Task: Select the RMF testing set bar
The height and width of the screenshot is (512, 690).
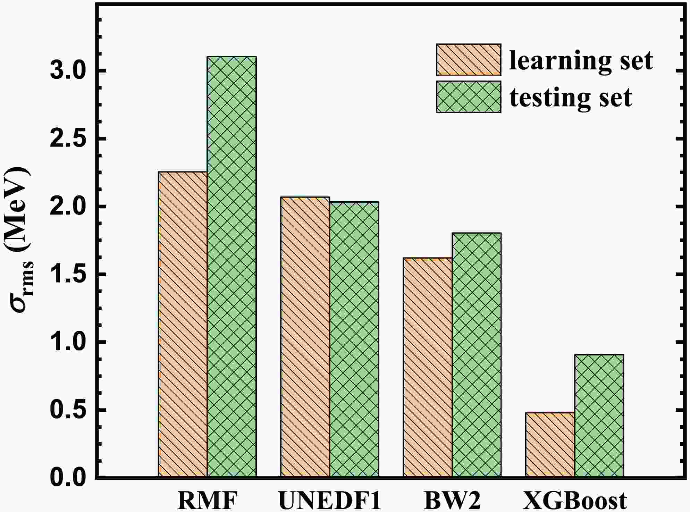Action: (232, 267)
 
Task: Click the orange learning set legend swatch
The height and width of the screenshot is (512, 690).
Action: (468, 60)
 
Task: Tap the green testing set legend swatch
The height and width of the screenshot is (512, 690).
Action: (468, 97)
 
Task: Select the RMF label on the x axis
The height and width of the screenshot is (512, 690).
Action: (207, 500)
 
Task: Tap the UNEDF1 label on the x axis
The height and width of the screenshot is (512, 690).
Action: (330, 500)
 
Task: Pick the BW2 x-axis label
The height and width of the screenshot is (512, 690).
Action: (452, 500)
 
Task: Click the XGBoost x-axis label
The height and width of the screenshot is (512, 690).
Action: (575, 500)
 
